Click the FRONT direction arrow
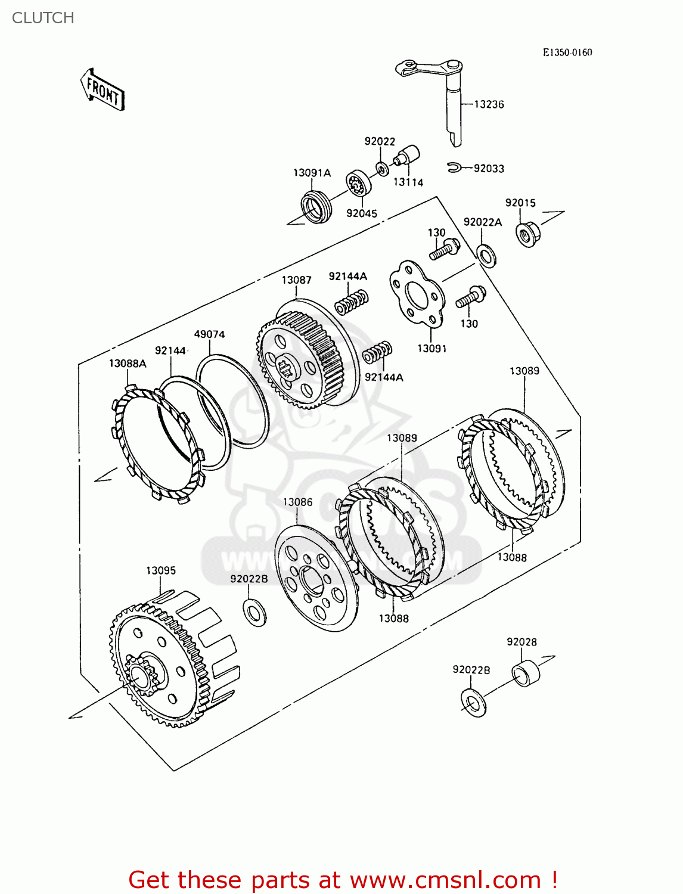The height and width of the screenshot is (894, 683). [x=103, y=90]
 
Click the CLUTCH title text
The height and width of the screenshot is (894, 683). [x=43, y=18]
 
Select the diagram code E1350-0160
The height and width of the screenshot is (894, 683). [x=567, y=52]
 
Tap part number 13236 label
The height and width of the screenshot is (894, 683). [x=489, y=104]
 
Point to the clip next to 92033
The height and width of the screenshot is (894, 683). [x=454, y=167]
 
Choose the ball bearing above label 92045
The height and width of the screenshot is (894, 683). [x=359, y=184]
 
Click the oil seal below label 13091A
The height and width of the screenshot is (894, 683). [x=315, y=206]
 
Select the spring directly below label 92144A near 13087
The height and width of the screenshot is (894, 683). [x=352, y=302]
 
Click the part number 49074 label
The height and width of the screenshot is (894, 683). [x=209, y=334]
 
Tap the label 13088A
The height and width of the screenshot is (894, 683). [x=128, y=364]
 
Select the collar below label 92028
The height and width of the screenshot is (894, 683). [x=526, y=673]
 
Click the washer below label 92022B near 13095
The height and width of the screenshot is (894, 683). [x=254, y=612]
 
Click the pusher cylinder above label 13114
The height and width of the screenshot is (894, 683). [x=408, y=156]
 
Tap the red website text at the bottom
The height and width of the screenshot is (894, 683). [x=343, y=880]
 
